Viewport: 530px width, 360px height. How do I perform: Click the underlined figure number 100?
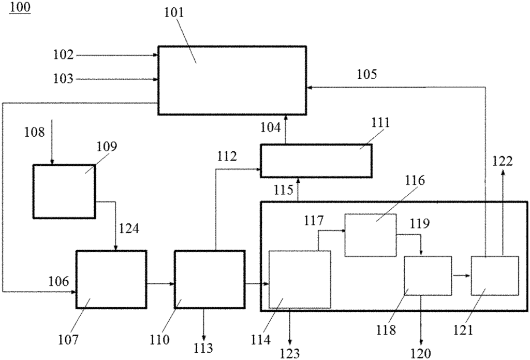pos(20,7)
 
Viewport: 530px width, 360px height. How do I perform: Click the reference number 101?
pos(174,13)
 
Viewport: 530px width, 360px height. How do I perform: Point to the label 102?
pos(63,55)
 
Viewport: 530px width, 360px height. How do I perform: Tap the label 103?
pos(63,79)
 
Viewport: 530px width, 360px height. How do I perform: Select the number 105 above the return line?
pos(367,75)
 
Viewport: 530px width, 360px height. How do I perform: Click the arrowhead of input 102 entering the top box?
pos(156,55)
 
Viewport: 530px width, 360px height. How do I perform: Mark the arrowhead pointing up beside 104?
pos(286,118)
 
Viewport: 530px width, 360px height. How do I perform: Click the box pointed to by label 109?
pos(64,192)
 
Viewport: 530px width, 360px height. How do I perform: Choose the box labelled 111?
pos(316,161)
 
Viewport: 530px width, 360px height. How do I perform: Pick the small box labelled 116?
pos(371,235)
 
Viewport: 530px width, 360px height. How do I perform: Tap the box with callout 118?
pos(428,276)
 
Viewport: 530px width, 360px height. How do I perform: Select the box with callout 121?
pos(495,276)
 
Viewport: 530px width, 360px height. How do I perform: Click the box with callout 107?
pos(111,280)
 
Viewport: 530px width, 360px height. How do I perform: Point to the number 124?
pos(129,229)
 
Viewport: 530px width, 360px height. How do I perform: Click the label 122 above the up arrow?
pos(502,162)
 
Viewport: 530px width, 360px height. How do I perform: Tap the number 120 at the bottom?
pos(421,354)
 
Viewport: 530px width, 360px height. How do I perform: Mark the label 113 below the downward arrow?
pos(203,348)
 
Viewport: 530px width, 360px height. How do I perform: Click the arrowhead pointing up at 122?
pos(503,172)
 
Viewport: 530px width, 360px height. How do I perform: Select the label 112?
pos(227,156)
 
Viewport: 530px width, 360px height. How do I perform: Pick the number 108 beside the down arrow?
pos(35,132)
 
